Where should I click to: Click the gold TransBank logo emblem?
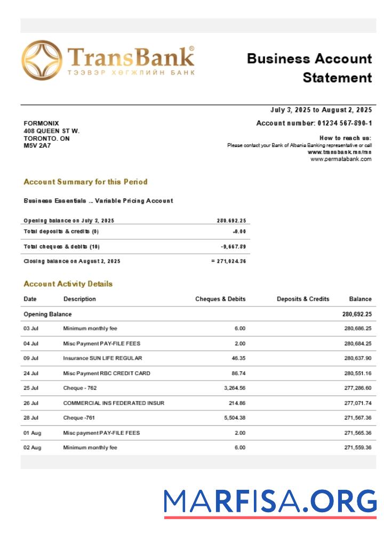click(42, 61)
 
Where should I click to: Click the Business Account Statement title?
click(309, 68)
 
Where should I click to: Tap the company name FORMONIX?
click(41, 123)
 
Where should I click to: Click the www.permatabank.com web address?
click(341, 159)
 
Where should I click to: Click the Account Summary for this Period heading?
click(85, 182)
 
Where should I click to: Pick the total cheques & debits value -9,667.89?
click(233, 247)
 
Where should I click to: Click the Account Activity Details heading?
click(68, 284)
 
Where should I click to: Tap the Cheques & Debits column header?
click(220, 299)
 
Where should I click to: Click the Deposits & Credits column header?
click(303, 299)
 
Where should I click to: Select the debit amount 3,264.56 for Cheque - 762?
click(233, 388)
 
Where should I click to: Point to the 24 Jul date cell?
click(31, 373)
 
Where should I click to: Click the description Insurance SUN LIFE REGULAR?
click(102, 358)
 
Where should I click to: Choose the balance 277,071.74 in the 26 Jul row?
click(358, 403)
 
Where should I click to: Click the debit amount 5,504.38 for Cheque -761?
click(233, 418)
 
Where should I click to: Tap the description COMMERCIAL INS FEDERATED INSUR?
click(114, 403)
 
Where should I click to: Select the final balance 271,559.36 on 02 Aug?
click(358, 448)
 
